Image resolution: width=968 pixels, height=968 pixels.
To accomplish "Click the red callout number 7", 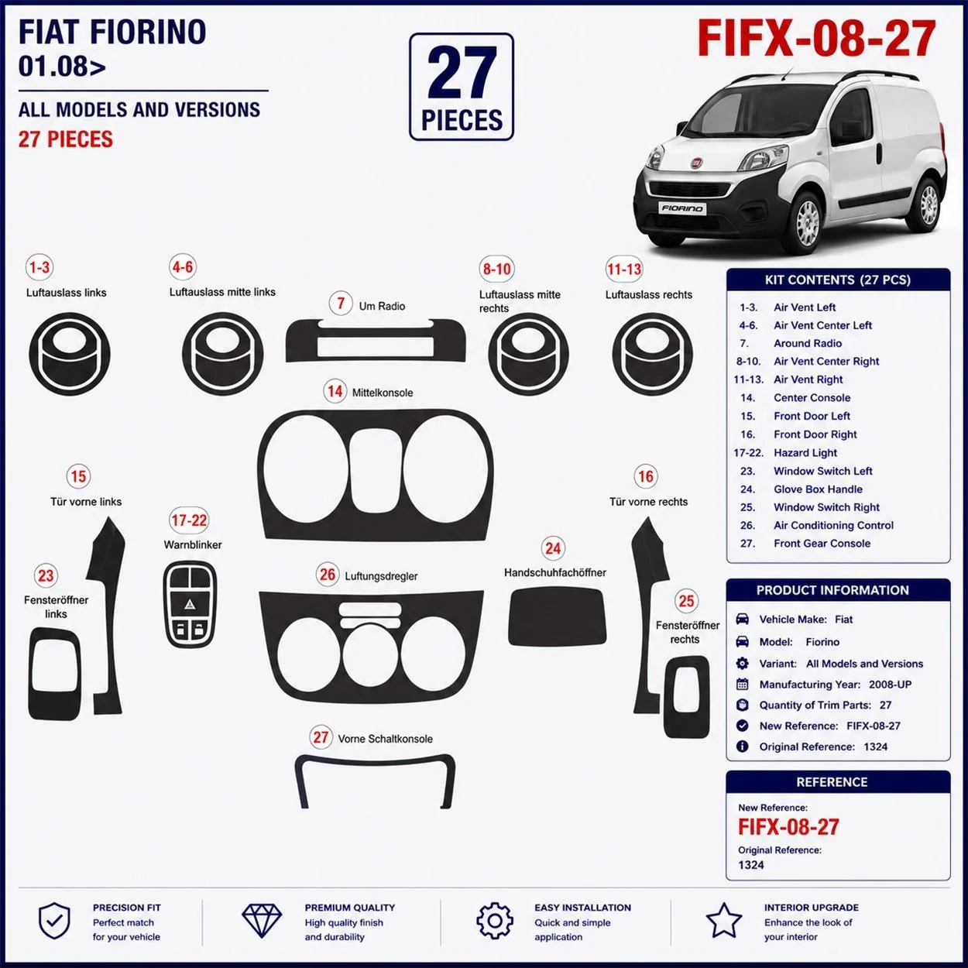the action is pos(341,304).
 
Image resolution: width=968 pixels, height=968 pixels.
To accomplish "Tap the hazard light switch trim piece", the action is pos(190,604).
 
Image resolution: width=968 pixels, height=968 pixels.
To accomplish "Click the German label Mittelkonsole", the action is pos(383,393).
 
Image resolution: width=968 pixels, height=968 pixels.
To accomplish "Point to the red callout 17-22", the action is pos(189,520).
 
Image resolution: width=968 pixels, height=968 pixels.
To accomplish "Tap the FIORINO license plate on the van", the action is pos(682,208).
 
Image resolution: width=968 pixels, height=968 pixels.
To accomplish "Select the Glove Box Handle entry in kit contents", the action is pos(818,489).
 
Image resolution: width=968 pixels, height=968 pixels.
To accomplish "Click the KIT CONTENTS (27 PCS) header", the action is pos(837,280).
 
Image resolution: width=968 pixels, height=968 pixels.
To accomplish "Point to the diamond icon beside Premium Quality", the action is pos(262,921).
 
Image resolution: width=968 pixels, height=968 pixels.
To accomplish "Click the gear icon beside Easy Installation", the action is pos(495,921).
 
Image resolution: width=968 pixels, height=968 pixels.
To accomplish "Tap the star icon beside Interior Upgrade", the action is pos(724,920).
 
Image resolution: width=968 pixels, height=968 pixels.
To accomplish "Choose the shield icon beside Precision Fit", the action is pos(54,921).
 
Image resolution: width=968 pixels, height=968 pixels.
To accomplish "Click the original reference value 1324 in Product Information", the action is pos(876,747).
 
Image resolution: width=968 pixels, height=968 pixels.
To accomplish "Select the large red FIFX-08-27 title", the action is pos(816,39).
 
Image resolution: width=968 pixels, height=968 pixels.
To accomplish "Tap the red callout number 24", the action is pos(553,548).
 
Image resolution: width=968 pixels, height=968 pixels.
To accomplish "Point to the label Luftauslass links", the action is pos(67,293).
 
